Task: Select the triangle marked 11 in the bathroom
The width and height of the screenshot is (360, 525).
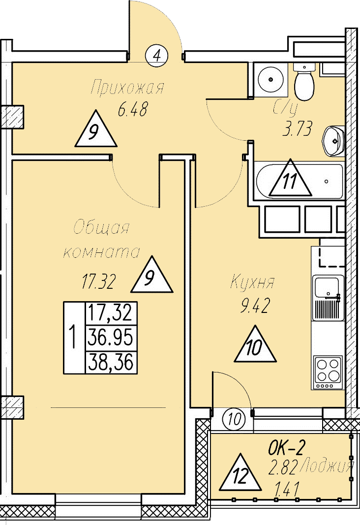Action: (290, 181)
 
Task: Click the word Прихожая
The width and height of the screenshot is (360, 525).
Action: (127, 89)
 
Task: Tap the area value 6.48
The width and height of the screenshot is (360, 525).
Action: (132, 110)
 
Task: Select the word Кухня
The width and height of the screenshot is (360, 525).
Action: (252, 283)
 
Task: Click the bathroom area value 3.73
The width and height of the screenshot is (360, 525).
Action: (297, 130)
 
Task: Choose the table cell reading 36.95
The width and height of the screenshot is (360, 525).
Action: (111, 338)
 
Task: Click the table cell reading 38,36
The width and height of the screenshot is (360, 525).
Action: (111, 363)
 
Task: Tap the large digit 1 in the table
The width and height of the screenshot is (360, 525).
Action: (74, 338)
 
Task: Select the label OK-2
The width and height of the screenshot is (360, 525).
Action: (287, 448)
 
